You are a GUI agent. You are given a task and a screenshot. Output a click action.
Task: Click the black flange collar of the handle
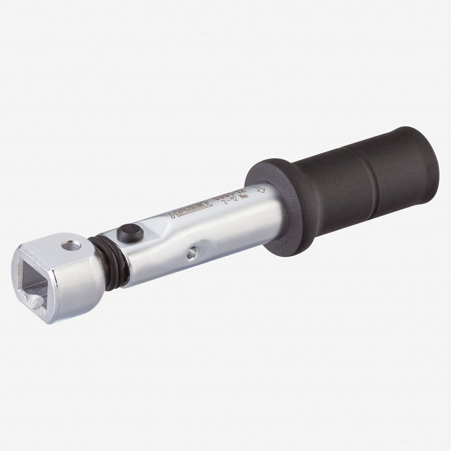[268, 204]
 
